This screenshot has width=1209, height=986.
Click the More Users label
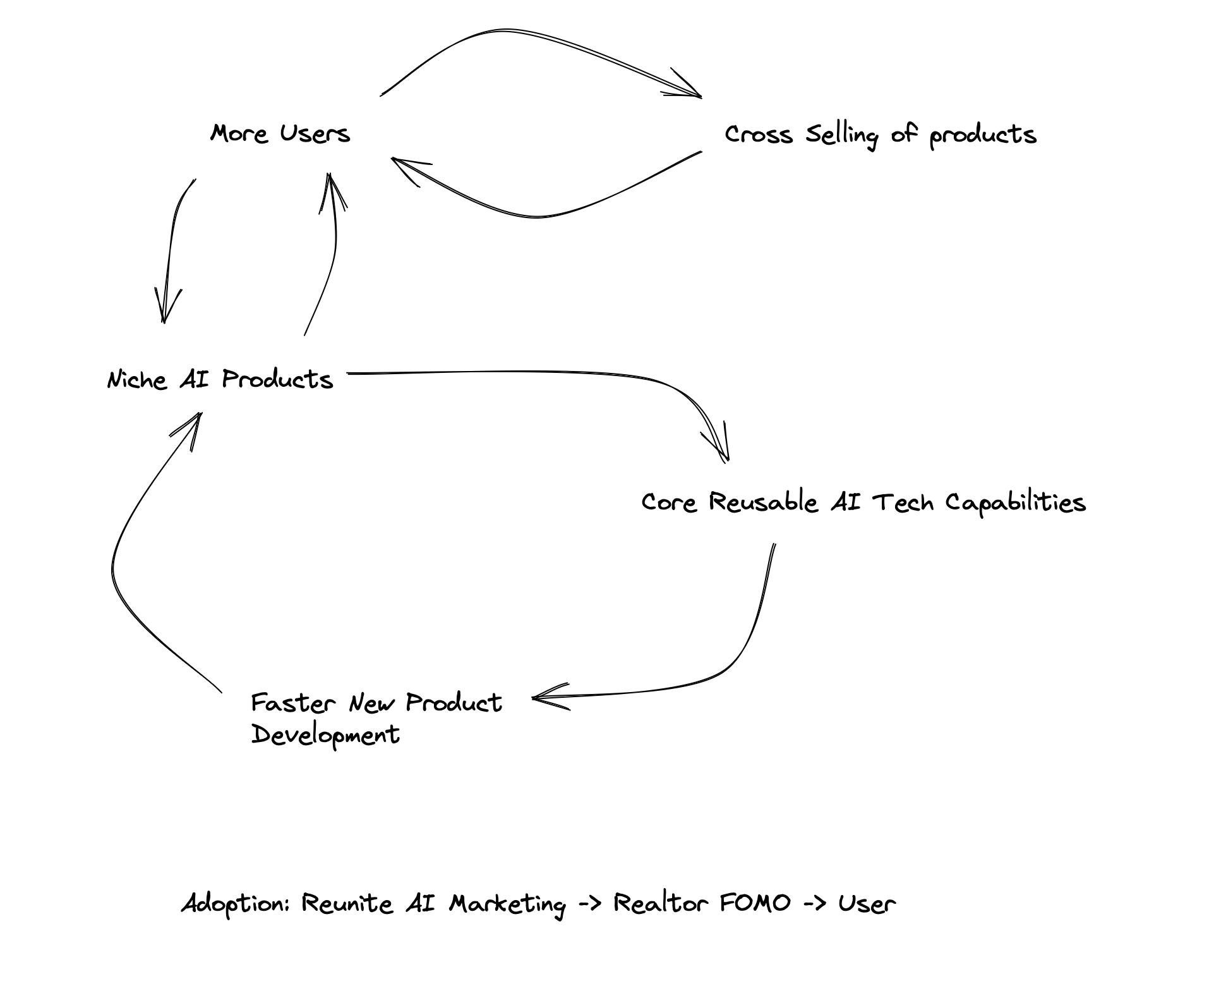280,133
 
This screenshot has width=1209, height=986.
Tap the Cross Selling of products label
880,135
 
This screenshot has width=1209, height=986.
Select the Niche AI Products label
220,379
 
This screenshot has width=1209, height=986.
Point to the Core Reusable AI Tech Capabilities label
863,502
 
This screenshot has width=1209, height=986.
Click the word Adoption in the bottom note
234,904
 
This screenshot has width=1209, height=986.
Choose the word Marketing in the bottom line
507,904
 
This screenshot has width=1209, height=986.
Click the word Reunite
347,903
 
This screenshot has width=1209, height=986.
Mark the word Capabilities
1015,503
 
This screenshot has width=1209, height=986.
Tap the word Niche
137,380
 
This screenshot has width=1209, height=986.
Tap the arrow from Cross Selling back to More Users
537,216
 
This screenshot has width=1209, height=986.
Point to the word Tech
903,502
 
